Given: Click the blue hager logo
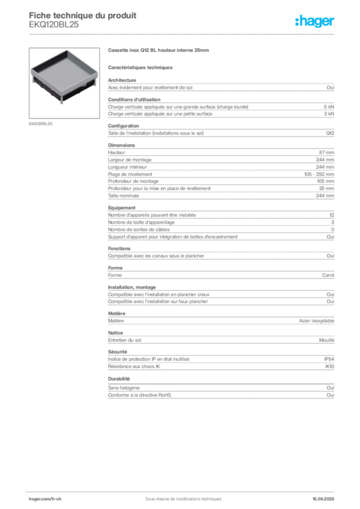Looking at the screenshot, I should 315,22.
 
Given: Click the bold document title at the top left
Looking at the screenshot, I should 83,14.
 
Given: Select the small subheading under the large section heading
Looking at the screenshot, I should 141,67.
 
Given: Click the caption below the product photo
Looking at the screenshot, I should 41,122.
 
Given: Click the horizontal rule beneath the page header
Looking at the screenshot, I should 183,34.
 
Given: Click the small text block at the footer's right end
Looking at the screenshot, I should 327,496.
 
